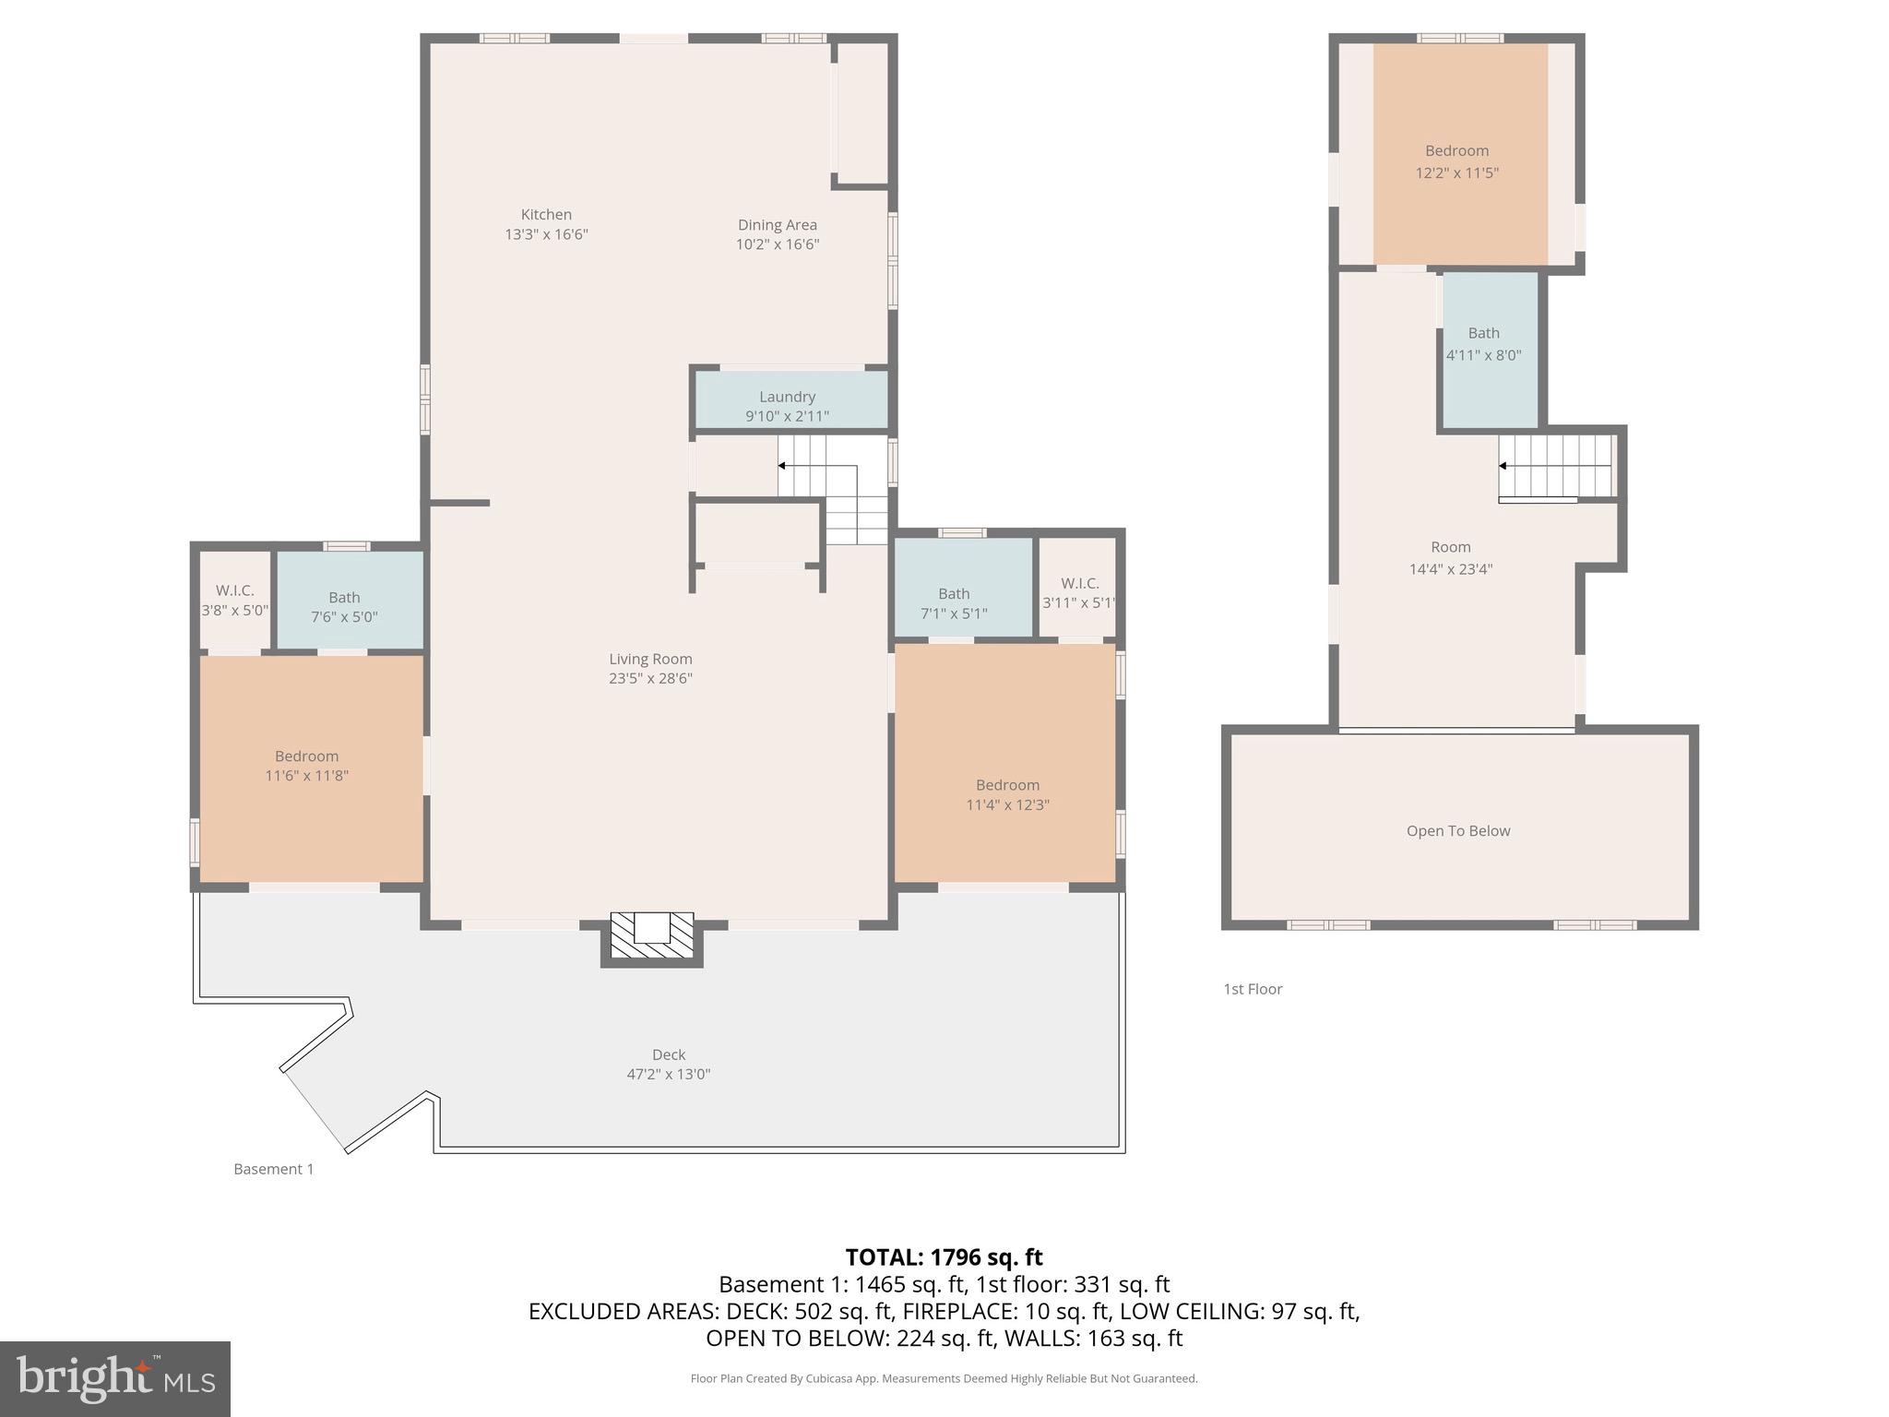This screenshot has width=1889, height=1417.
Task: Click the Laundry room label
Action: [x=787, y=397]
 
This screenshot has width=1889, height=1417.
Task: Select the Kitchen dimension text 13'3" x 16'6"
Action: [x=546, y=234]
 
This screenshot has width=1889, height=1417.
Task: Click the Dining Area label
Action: [x=777, y=224]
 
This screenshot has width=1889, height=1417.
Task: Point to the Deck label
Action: [x=669, y=1054]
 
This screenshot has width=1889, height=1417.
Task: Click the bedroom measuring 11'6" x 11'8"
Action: [x=307, y=766]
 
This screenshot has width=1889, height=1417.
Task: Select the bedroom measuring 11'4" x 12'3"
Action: [x=1007, y=794]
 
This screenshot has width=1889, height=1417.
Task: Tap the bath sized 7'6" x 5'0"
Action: [x=344, y=606]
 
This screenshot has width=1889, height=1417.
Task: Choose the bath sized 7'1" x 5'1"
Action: [x=954, y=602]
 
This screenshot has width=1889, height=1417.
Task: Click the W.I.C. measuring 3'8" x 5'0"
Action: [x=235, y=600]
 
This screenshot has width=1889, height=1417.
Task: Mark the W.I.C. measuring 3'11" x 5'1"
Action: [x=1079, y=592]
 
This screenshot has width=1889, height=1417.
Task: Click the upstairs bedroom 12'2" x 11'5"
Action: [x=1456, y=161]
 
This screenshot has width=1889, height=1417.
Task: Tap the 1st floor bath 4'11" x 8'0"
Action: [x=1483, y=343]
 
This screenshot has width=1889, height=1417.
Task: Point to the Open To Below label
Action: [x=1457, y=831]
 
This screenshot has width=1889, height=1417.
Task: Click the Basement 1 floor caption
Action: [x=273, y=1169]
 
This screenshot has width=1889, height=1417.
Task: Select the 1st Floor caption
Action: [x=1253, y=989]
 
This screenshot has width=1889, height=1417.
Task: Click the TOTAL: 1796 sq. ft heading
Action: [x=944, y=1257]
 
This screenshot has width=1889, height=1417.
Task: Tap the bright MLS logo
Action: [x=114, y=1378]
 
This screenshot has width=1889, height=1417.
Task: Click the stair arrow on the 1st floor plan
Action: [x=1503, y=466]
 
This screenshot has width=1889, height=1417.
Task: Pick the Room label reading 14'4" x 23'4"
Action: [x=1450, y=557]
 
